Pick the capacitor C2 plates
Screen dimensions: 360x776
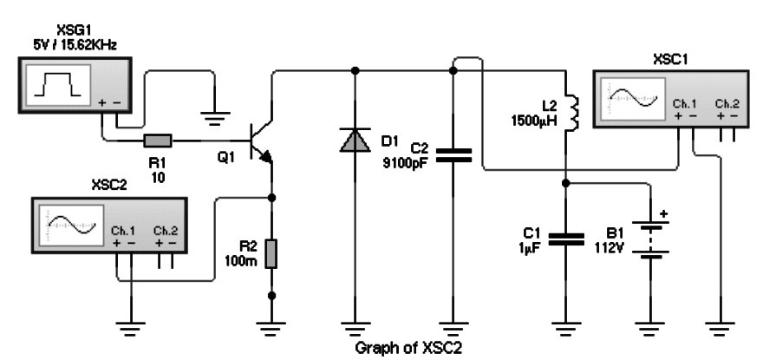(x=453, y=155)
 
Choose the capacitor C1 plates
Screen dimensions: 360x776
(x=567, y=239)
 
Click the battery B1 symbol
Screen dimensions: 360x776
(x=651, y=239)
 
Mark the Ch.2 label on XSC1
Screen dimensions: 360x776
(x=727, y=103)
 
